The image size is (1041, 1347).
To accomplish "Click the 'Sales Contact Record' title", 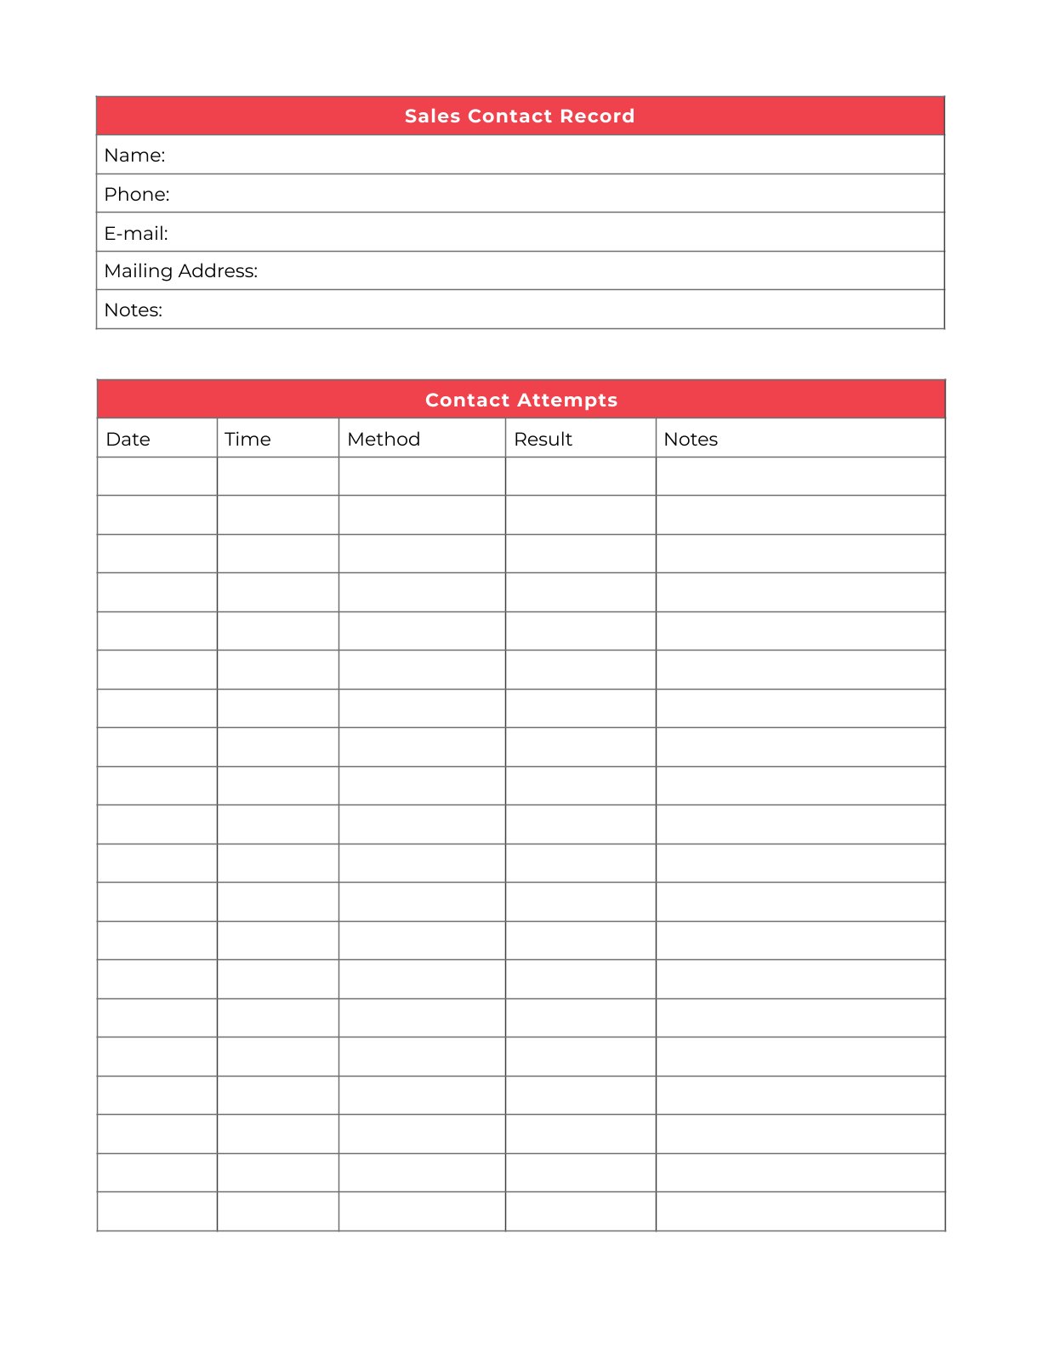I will pos(520,116).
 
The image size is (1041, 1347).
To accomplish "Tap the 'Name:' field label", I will pos(134,156).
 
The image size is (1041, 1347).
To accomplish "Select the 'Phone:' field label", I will pos(137,195).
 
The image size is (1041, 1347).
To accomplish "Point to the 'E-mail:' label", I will pos(136,233).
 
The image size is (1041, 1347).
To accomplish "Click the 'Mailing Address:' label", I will pos(180,271).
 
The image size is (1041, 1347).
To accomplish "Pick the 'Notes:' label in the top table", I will pos(133,310).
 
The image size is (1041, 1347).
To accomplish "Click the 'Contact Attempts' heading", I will pos(521,400).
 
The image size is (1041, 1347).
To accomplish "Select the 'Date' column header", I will pos(128,440).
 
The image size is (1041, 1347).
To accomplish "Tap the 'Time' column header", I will pos(247,440).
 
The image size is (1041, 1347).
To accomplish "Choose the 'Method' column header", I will pos(384,440).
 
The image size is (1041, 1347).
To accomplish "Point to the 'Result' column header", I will pos(543,440).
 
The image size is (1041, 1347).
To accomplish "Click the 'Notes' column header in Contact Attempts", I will pos(691,440).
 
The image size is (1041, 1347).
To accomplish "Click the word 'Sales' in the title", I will pos(432,116).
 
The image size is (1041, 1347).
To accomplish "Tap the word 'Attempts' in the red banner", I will pos(566,400).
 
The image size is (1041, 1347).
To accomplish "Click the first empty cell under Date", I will pos(157,476).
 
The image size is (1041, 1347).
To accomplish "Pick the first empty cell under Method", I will pos(422,476).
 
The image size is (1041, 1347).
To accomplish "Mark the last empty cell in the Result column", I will pos(581,1211).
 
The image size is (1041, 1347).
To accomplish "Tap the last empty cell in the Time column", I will pos(278,1211).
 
